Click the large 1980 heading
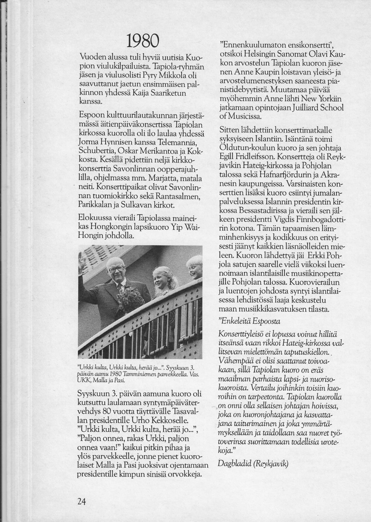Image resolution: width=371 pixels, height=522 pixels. [142, 41]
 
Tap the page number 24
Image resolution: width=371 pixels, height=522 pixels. [82, 502]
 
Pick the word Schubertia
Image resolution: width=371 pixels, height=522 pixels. [97, 151]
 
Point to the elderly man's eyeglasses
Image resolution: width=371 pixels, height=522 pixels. [117, 269]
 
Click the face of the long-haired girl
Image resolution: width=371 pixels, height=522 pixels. [161, 278]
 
